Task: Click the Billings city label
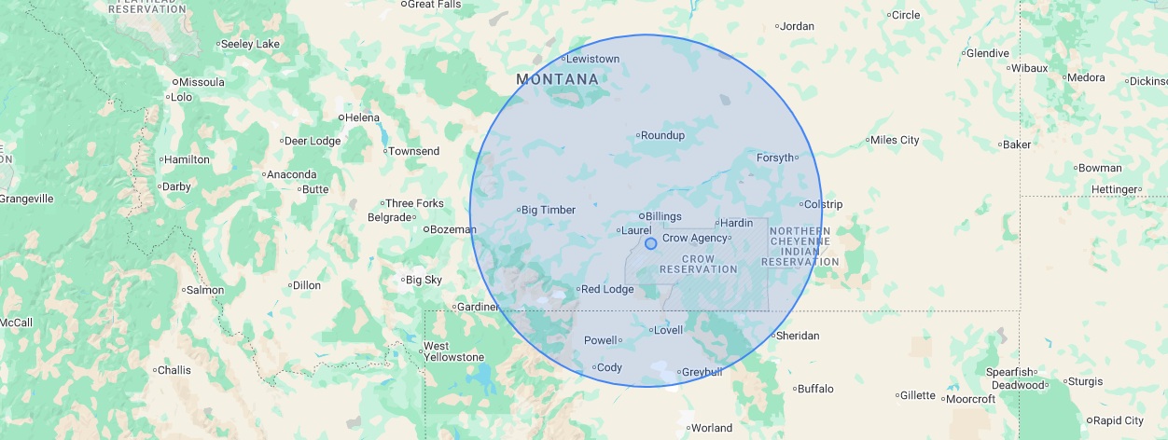(663, 216)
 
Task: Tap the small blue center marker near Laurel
(650, 243)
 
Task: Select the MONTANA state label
(557, 80)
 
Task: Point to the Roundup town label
(662, 135)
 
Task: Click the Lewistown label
(592, 59)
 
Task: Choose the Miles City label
(894, 140)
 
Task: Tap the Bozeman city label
(452, 228)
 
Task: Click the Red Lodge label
(606, 289)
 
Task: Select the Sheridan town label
(797, 336)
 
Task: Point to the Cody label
(609, 367)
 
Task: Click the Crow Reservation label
(699, 264)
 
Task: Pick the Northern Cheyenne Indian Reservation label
(800, 246)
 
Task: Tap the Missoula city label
(202, 82)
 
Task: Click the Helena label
(362, 117)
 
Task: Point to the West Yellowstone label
(453, 351)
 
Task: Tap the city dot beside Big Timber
(518, 210)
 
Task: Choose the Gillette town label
(917, 395)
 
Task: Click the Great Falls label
(435, 4)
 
